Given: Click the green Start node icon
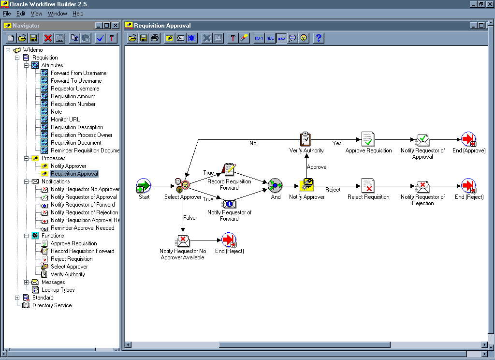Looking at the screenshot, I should point(144,185).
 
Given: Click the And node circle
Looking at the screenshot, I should point(275,185).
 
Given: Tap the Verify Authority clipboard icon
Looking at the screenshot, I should point(306,139).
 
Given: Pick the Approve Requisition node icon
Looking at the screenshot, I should point(368,139).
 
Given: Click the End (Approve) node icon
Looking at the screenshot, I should point(468,139).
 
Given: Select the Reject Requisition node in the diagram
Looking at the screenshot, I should point(368,186).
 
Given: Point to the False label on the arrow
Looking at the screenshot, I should point(189,218).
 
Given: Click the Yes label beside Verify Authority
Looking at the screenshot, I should point(337,143).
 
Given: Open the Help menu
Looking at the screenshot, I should point(78,14).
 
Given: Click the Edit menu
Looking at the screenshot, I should point(21,14).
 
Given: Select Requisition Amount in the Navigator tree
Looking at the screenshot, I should point(73,96).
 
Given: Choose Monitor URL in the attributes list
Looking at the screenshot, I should point(65,120).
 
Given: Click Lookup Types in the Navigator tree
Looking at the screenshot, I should point(58,290).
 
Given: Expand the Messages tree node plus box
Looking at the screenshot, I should point(27,282).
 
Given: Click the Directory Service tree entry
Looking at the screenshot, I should point(52,305).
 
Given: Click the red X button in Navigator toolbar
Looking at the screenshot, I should point(48,38).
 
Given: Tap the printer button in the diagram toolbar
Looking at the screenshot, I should point(155,38).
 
